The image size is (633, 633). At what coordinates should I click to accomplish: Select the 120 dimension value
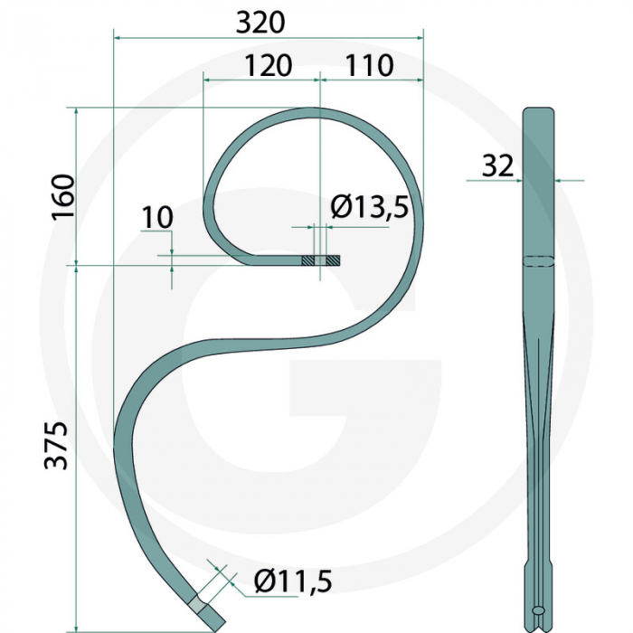pyautogui.click(x=268, y=65)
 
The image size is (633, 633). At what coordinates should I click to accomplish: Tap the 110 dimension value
pyautogui.click(x=369, y=65)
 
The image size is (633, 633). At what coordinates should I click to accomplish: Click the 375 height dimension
pyautogui.click(x=58, y=445)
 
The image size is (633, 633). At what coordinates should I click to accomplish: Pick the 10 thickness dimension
pyautogui.click(x=156, y=217)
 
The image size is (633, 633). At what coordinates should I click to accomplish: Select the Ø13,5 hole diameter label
pyautogui.click(x=369, y=208)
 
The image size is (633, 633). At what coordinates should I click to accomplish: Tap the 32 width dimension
pyautogui.click(x=497, y=165)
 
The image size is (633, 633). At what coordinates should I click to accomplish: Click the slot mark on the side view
pyautogui.click(x=538, y=261)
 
